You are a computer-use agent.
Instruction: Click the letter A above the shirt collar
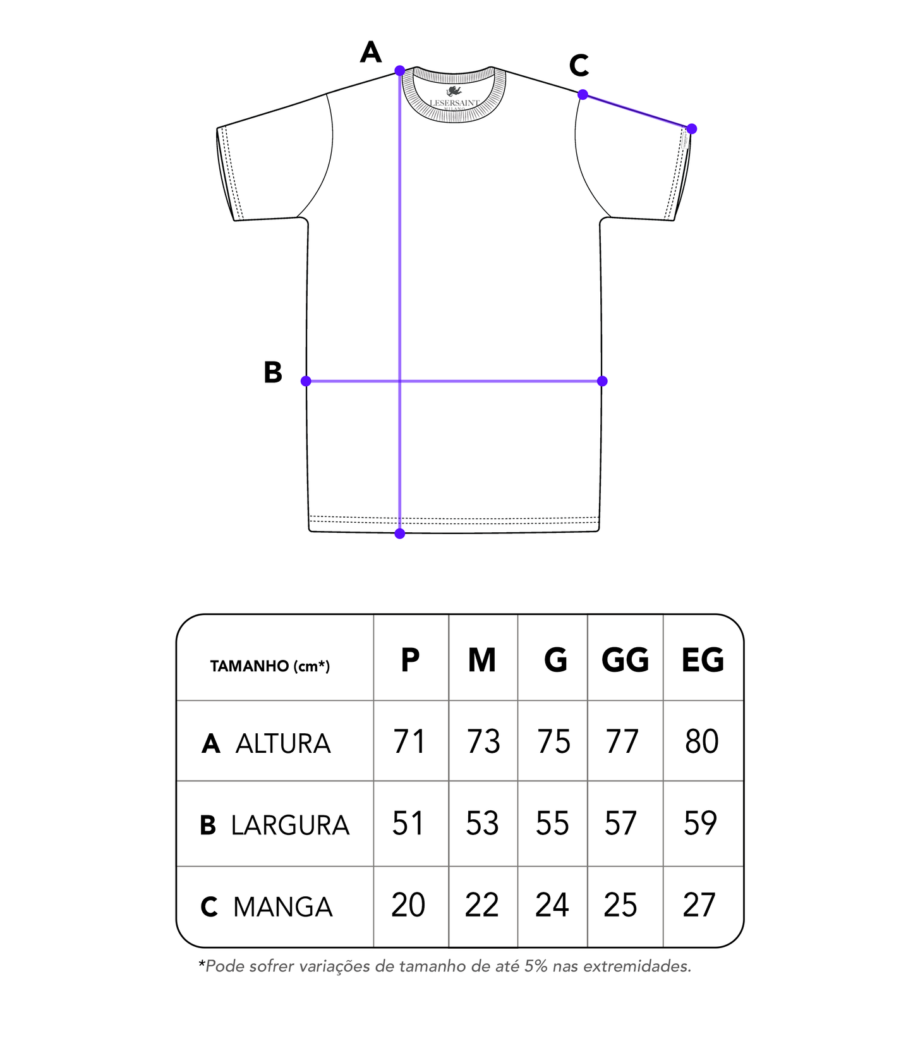point(371,52)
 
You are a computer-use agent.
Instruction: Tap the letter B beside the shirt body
point(273,372)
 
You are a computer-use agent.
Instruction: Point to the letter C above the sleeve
point(579,65)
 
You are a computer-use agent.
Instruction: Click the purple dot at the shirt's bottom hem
point(400,534)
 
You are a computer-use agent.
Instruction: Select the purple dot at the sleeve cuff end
point(692,129)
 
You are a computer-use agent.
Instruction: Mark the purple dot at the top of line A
point(400,70)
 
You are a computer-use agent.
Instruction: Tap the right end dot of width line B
point(602,381)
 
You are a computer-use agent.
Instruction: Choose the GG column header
point(625,661)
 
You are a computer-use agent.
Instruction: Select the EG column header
point(703,661)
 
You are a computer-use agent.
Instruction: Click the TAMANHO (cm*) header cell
point(270,666)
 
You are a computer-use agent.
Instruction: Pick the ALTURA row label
point(282,744)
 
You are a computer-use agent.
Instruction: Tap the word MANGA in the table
point(282,908)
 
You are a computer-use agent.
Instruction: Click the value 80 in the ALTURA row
point(701,742)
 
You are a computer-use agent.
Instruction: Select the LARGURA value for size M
point(482,824)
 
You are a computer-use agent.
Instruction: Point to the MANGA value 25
point(620,905)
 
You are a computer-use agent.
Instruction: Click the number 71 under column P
point(409,742)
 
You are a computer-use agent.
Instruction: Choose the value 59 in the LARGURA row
point(700,824)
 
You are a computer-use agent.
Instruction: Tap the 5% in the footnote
point(536,966)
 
